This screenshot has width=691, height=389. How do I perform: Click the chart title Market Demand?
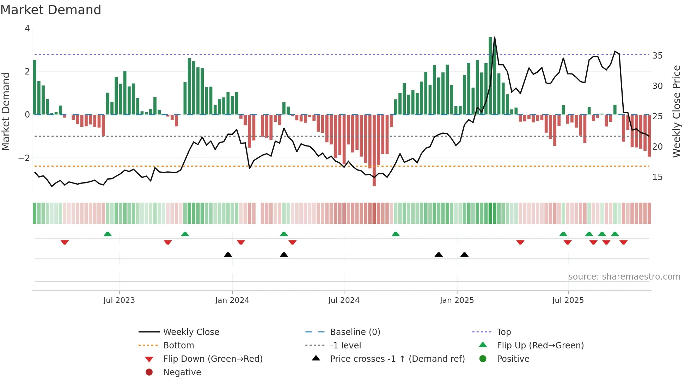pos(51,10)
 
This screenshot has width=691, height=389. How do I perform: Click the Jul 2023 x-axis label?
pos(119,300)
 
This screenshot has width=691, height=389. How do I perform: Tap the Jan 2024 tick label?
pos(232,300)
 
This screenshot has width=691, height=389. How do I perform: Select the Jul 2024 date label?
pos(344,300)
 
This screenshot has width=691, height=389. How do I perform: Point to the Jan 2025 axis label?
pos(457,300)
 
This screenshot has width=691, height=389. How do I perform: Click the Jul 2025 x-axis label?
pos(568,300)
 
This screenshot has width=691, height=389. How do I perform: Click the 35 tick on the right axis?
pos(658,56)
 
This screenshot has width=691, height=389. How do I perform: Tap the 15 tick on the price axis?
pos(658,177)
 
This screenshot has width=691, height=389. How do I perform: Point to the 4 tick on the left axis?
pos(27,29)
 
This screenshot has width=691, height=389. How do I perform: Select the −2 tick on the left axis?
pos(24,158)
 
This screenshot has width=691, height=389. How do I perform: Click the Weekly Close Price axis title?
pos(677,111)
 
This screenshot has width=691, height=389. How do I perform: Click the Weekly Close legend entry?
pos(191,332)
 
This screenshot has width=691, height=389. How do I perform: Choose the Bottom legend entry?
pos(178,346)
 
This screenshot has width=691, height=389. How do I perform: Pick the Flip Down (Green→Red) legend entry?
pos(213,359)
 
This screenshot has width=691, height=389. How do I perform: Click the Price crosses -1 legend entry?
pos(397,359)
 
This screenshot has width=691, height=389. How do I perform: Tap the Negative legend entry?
pos(182,372)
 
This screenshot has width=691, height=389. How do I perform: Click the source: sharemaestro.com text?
pos(624,277)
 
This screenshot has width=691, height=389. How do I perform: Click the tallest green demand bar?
pos(490,76)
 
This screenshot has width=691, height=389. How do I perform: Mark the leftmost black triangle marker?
pos(228,255)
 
